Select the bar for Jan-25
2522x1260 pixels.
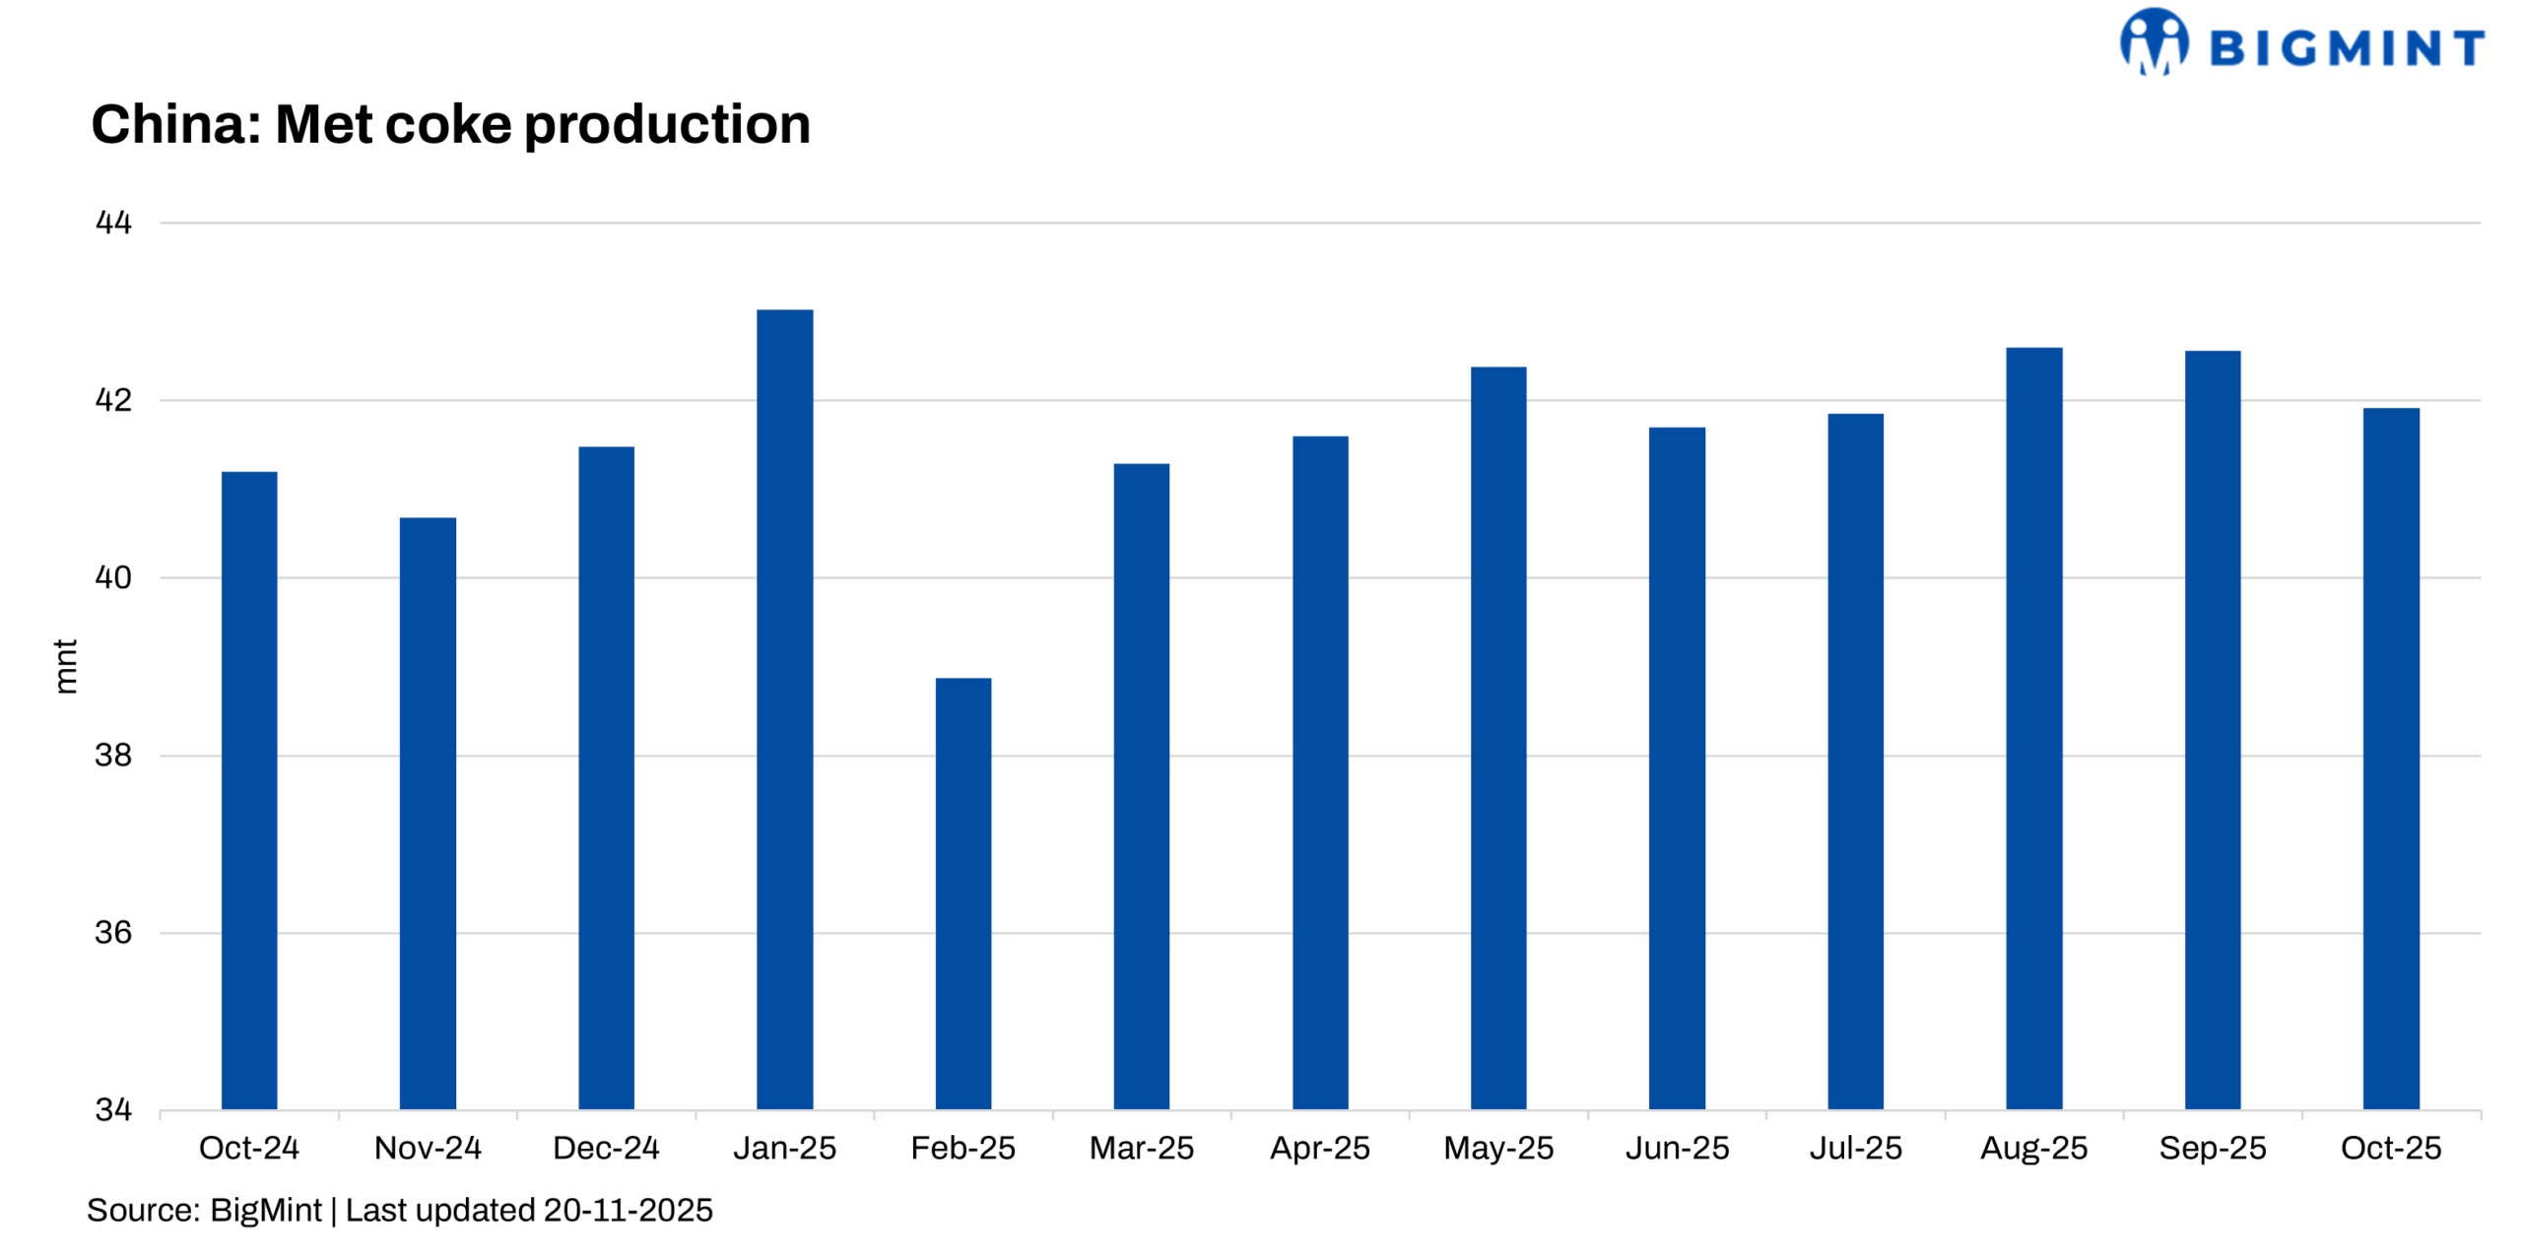point(784,709)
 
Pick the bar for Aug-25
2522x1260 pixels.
point(2033,728)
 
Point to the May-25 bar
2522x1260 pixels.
point(1497,738)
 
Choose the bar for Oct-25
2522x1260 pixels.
point(2390,759)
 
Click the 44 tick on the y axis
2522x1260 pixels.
point(113,223)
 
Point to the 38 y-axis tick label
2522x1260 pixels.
point(113,756)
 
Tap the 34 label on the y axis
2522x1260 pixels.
point(113,1110)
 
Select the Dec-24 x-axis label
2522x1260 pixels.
point(606,1148)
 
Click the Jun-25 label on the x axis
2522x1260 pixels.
point(1677,1148)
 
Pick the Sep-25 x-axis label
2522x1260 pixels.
point(2213,1148)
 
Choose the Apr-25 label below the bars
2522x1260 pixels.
point(1320,1148)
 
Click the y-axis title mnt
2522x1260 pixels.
point(65,666)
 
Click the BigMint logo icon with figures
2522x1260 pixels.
point(2154,42)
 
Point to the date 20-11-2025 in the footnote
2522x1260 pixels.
point(628,1210)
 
